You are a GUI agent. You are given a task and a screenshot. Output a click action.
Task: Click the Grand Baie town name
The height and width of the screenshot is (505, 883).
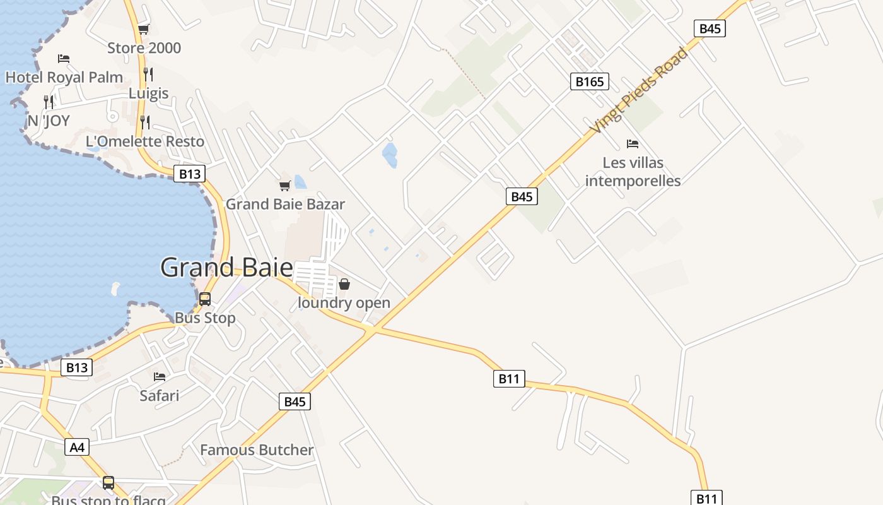tap(226, 268)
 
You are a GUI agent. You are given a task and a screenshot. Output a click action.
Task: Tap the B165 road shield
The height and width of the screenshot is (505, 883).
tap(590, 81)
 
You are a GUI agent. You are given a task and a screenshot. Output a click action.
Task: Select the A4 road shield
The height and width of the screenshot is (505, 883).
tap(76, 448)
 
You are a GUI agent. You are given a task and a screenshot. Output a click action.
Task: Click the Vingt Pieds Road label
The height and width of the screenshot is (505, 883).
tap(639, 90)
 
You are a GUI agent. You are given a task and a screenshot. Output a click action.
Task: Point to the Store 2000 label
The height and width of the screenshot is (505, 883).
tap(144, 48)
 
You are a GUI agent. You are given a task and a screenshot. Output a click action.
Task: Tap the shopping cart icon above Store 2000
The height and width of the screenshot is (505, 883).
tap(143, 29)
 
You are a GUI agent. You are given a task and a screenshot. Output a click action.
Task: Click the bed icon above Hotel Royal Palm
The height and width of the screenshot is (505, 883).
tap(63, 59)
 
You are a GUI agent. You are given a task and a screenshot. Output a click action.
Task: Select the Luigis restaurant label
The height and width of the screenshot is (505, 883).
tap(149, 93)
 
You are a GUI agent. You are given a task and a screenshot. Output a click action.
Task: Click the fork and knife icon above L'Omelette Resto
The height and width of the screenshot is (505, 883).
tap(145, 122)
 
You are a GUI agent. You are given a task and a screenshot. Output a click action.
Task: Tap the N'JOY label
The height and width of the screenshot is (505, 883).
tap(49, 121)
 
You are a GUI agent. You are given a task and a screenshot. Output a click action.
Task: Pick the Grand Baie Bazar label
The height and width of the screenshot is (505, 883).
tap(285, 204)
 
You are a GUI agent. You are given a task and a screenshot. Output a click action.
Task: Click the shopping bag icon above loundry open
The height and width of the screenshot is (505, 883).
tap(344, 284)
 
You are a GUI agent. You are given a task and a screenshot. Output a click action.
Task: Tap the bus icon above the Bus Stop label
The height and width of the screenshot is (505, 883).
tap(205, 299)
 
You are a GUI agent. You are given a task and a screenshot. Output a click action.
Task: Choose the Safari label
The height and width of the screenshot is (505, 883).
tap(159, 396)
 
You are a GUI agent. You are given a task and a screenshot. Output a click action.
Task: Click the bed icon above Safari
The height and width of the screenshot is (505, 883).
tap(160, 377)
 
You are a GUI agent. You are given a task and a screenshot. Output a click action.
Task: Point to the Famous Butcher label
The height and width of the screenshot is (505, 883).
tap(257, 450)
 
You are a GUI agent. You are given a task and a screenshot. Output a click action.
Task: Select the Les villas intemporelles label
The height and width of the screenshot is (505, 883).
tap(633, 172)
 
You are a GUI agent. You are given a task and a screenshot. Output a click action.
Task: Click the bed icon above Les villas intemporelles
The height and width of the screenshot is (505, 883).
tap(633, 144)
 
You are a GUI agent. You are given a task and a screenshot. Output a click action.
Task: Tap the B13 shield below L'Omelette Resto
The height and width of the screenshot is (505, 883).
tap(189, 174)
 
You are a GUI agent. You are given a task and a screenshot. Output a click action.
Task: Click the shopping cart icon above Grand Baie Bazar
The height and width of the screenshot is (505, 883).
tap(284, 186)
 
